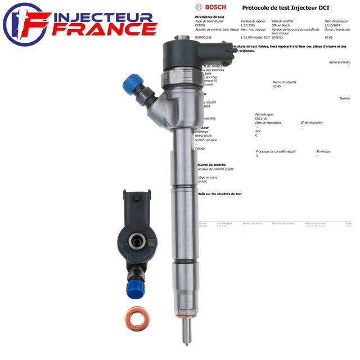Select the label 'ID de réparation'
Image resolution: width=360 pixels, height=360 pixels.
coord(312,122)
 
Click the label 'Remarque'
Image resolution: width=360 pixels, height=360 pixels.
coord(323,151)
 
